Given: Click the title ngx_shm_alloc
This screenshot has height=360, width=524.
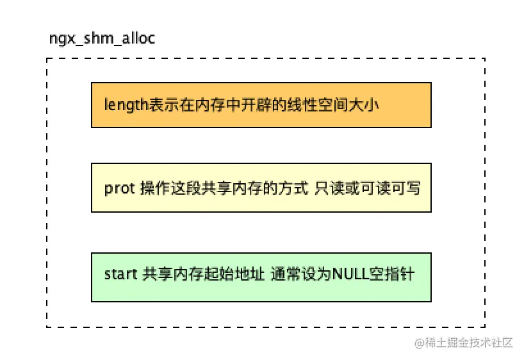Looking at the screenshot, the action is coord(102,38).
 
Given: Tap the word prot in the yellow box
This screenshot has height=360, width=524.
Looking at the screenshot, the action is coord(119,188).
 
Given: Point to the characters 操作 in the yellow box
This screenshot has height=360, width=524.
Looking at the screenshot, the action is coord(154,188).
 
